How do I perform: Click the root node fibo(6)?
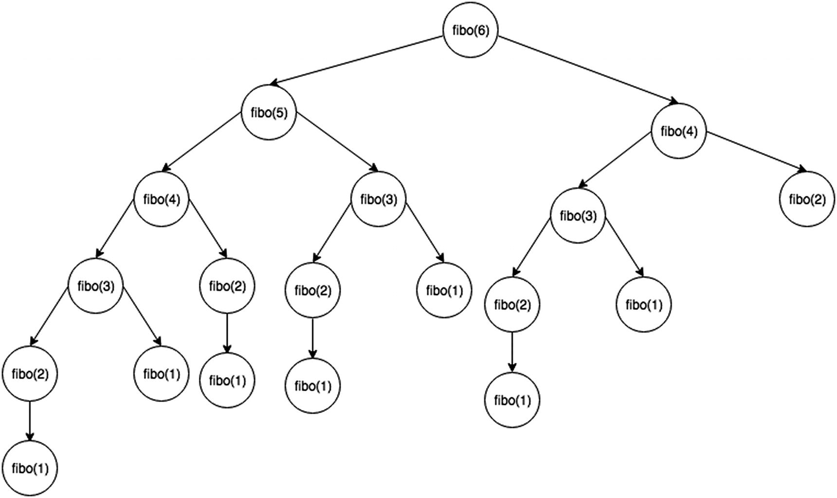click(x=471, y=30)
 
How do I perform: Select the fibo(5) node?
click(x=269, y=113)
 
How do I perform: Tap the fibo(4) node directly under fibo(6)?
click(x=679, y=132)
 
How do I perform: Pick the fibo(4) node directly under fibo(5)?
click(x=162, y=199)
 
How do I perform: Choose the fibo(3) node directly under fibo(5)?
click(x=379, y=199)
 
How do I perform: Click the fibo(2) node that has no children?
click(x=807, y=199)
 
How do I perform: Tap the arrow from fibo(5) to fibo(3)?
click(x=336, y=141)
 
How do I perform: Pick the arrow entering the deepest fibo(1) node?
click(x=30, y=421)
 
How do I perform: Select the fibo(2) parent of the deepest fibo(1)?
click(x=30, y=374)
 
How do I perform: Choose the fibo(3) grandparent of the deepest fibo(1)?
click(x=96, y=286)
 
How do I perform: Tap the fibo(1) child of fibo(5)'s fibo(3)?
click(x=444, y=290)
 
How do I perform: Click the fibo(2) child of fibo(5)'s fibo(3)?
click(x=312, y=291)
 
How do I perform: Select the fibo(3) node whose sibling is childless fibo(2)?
click(x=578, y=215)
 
